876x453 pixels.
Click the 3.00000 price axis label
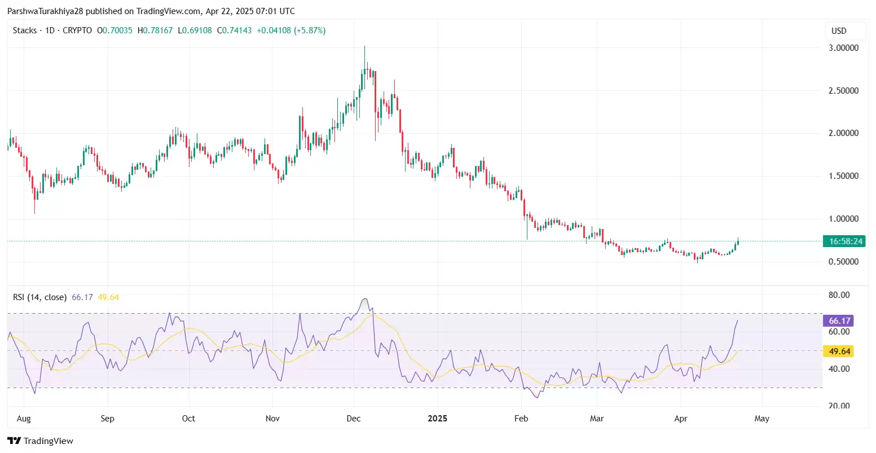[x=843, y=48]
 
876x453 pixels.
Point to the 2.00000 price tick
[x=843, y=133]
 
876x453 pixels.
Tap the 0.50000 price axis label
[x=843, y=262]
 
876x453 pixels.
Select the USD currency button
[x=839, y=31]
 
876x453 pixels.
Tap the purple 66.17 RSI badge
[x=839, y=321]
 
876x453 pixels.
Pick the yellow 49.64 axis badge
[x=839, y=351]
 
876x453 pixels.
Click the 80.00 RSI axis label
[x=839, y=295]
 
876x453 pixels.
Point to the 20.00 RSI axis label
[x=839, y=406]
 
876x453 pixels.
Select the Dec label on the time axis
[x=354, y=419]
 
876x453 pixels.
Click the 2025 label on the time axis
[x=437, y=419]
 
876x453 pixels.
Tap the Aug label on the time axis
[x=24, y=419]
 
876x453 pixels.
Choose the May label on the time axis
[x=761, y=419]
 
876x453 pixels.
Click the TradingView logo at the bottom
[x=40, y=441]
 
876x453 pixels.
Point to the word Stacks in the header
[x=25, y=30]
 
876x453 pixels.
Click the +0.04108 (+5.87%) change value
[x=291, y=30]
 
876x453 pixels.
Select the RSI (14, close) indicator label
[x=39, y=297]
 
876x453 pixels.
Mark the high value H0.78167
[x=155, y=30]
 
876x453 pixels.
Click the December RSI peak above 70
[x=366, y=300]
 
